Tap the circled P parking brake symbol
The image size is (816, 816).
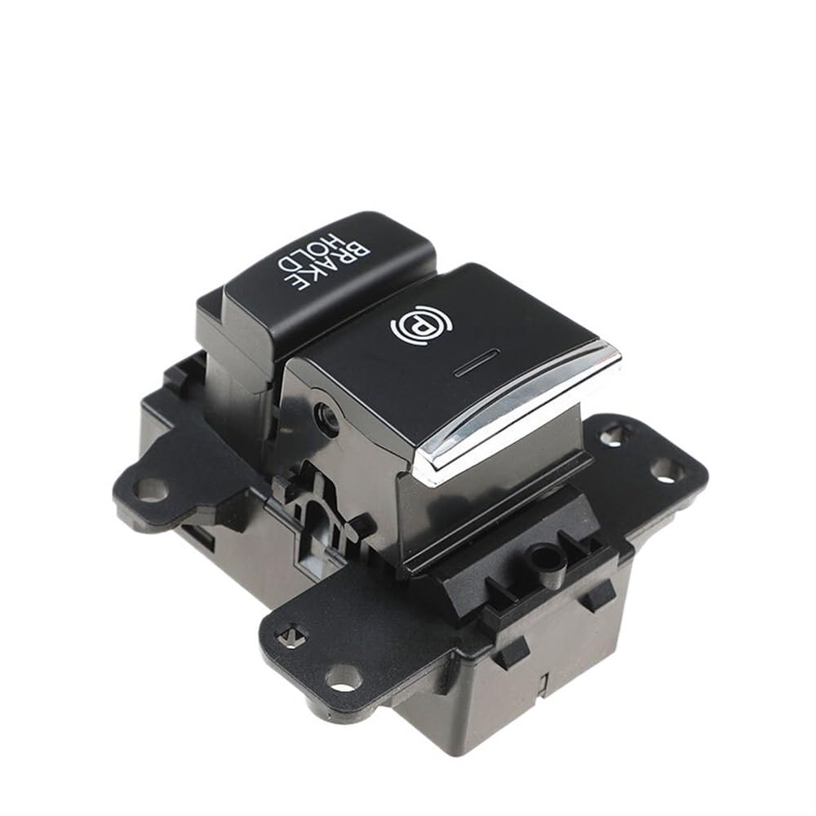[x=420, y=326]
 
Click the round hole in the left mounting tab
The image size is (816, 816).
[x=150, y=488]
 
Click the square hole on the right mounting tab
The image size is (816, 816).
[x=613, y=435]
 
